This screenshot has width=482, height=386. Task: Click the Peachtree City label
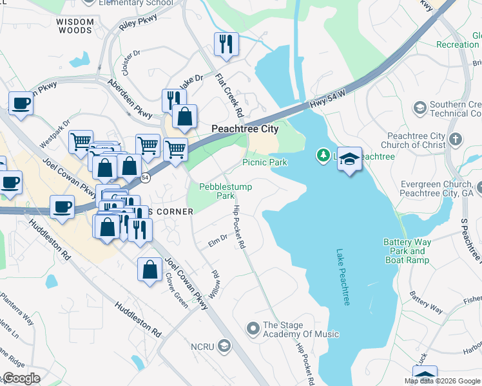coord(246,129)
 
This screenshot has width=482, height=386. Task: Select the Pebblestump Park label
coord(226,191)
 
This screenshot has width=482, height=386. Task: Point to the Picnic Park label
coord(265,162)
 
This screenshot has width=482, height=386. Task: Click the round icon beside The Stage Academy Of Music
coord(253,328)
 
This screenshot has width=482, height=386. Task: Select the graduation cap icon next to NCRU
coord(223,347)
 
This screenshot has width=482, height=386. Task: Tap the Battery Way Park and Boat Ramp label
coord(407,251)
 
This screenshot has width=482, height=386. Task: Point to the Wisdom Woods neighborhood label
coord(75,26)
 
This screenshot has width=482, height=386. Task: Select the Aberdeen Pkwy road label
coord(129,98)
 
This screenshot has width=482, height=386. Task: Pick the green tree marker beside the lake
coord(322,155)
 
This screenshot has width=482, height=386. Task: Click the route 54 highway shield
coord(146,178)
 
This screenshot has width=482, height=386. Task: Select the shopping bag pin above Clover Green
coord(149,270)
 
